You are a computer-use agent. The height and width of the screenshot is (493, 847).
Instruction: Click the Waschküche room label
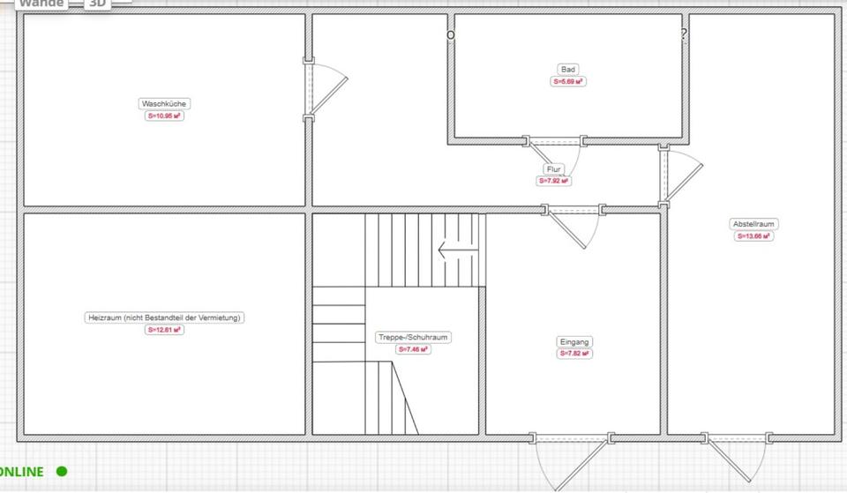tap(164, 103)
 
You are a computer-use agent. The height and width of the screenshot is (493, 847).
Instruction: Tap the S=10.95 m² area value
tap(164, 116)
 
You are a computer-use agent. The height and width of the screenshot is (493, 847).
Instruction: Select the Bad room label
tap(568, 69)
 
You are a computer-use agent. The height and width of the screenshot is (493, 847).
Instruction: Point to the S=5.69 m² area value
tap(568, 81)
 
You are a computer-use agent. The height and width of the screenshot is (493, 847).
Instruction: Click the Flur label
tap(553, 168)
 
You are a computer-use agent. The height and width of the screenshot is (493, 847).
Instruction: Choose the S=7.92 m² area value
tap(553, 181)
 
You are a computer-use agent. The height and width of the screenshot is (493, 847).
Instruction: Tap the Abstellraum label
tap(754, 224)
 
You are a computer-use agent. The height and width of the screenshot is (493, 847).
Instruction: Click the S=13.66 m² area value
tap(754, 236)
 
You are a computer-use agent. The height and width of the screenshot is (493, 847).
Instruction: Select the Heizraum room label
tap(164, 317)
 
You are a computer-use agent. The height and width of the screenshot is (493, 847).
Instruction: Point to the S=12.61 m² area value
tap(164, 330)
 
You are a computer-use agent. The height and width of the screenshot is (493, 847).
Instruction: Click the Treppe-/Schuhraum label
tap(414, 337)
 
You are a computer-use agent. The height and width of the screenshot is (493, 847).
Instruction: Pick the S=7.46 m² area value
tap(414, 349)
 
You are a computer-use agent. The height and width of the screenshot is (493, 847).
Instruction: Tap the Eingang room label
tap(574, 341)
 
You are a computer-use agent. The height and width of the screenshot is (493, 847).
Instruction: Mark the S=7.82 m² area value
tap(574, 354)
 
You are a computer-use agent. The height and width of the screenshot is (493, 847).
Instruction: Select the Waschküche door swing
tap(326, 88)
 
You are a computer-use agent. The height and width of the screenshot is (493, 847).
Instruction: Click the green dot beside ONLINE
tap(62, 472)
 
